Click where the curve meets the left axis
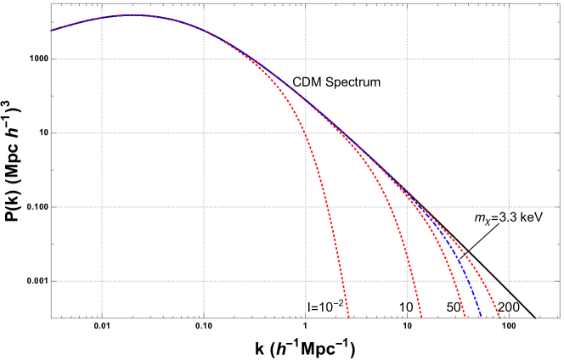pos(52,31)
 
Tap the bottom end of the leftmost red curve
pos(348,318)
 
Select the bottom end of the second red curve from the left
pos(421,318)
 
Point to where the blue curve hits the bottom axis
pos(481,318)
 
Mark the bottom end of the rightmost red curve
pos(499,318)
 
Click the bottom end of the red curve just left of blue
pos(465,318)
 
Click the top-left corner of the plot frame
pos(51,3)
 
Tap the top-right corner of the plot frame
pos(559,3)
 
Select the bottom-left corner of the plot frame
pos(51,318)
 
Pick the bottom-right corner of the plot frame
pos(559,318)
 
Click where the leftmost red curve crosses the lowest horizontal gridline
pos(341,281)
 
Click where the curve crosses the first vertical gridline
pos(102,18)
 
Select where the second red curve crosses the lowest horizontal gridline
pos(413,281)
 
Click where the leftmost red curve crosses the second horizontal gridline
pos(305,133)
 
